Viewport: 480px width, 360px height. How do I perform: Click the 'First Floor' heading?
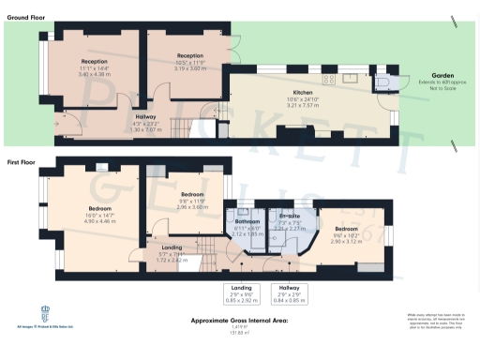point(21,162)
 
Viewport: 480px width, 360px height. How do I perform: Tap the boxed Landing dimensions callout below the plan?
point(242,294)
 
